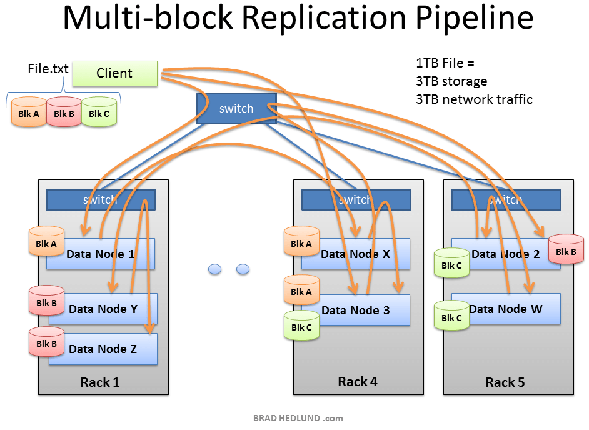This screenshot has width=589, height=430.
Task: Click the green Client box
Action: point(114,73)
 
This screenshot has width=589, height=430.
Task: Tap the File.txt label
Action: point(48,69)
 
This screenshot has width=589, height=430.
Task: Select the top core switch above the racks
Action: point(236,109)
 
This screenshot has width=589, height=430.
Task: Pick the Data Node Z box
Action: point(103,349)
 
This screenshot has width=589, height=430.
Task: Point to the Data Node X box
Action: point(356,254)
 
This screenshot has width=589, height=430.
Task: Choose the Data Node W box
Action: point(505,309)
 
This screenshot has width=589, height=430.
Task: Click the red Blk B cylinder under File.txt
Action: point(64,112)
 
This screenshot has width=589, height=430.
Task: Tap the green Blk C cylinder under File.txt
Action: point(99,112)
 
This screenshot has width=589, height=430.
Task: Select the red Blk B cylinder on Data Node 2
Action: point(565,250)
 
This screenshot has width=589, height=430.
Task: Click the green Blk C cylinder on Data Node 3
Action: point(301,326)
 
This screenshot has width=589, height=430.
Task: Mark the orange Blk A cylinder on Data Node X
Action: point(301,242)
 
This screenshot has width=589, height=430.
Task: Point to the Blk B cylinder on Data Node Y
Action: point(46,302)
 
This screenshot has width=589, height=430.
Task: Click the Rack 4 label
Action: point(358,381)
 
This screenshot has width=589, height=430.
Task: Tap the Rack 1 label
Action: point(99,382)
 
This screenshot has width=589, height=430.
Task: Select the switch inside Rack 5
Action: point(505,200)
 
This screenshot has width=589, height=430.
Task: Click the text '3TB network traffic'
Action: point(474,99)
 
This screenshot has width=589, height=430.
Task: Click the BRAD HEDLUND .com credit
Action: point(298,418)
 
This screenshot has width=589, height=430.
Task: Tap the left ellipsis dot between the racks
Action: point(214,269)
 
